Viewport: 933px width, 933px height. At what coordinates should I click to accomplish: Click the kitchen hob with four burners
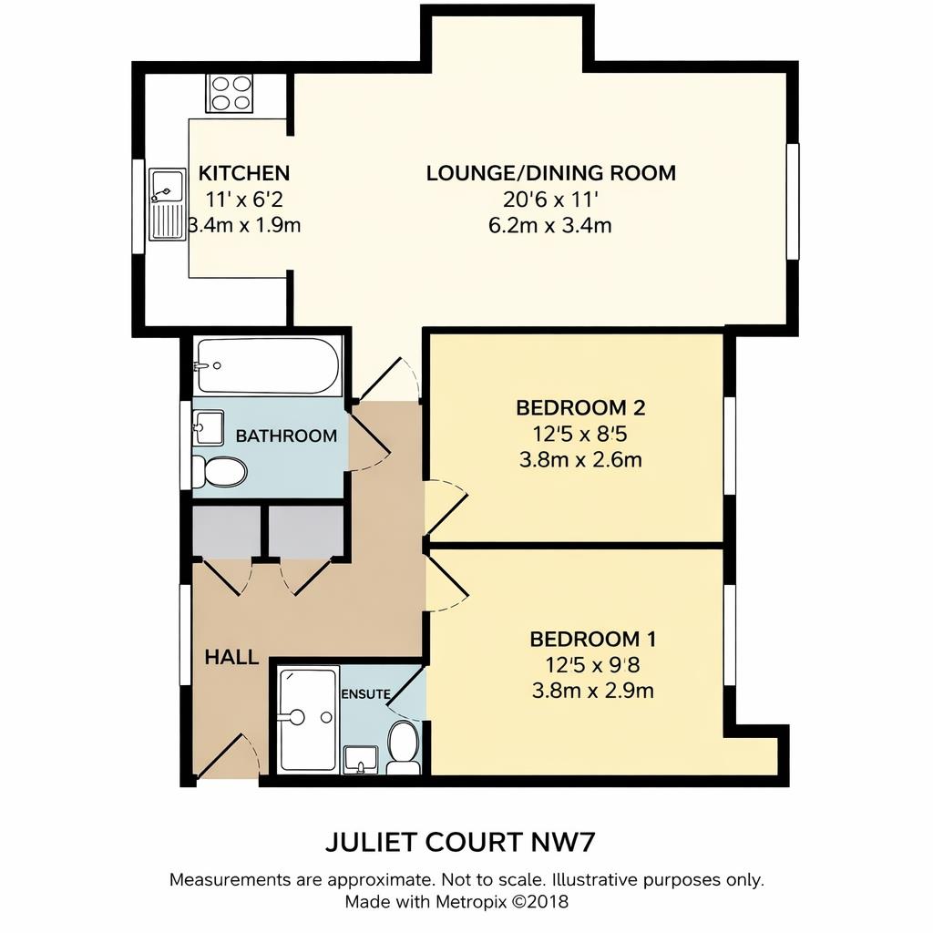coord(231,92)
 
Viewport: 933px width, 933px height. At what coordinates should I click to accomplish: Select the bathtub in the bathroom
coord(267,365)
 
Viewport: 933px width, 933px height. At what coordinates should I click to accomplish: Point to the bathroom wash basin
coord(209,427)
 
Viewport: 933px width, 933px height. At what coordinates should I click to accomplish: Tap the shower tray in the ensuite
coord(308,719)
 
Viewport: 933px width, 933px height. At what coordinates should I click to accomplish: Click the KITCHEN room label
coord(244,173)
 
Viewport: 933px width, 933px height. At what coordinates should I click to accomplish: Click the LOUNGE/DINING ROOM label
coord(550,173)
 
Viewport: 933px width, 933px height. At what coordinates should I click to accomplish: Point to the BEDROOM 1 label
coord(593,638)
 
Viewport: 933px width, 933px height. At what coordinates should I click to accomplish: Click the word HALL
coord(231,657)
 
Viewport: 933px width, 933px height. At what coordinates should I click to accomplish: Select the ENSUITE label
coord(365,694)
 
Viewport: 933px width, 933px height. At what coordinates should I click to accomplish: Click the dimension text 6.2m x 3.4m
coord(549,225)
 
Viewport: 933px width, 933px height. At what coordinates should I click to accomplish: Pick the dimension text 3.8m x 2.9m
coord(592,691)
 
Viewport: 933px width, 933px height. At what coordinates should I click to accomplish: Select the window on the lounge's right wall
coord(793,200)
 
